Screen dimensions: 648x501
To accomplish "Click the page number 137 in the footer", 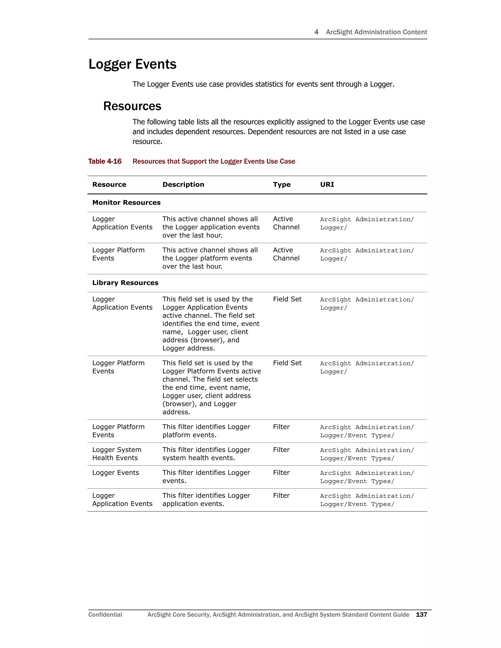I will pos(421,614).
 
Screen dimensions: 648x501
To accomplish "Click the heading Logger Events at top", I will pos(132,64).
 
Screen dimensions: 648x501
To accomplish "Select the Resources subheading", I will pos(132,106).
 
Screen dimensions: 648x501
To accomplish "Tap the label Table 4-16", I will pos(105,161).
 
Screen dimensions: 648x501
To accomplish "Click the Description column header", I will pos(183,185).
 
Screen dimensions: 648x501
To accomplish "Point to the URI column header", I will pos(327,185).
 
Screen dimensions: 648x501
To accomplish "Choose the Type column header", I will pos(282,185).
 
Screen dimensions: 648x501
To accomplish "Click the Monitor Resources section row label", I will pos(126,203).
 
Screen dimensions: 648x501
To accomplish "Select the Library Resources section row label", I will pos(125,283).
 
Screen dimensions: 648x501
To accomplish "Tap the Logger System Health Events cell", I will pos(117,454).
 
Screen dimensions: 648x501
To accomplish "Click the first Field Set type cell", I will pos(287,299).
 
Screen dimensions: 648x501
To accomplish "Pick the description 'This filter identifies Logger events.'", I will pos(206,477).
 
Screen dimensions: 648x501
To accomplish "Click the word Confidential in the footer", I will pos(105,614).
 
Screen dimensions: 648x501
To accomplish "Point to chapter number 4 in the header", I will pos(316,32).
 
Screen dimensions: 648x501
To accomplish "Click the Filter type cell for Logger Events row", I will pos(281,473).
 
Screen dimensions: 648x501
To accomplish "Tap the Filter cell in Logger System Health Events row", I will pos(281,450).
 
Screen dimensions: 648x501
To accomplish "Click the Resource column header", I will pos(109,185).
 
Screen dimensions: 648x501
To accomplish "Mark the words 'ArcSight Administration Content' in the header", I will pos(376,32).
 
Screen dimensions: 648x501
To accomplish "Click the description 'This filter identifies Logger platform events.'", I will pos(206,431).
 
